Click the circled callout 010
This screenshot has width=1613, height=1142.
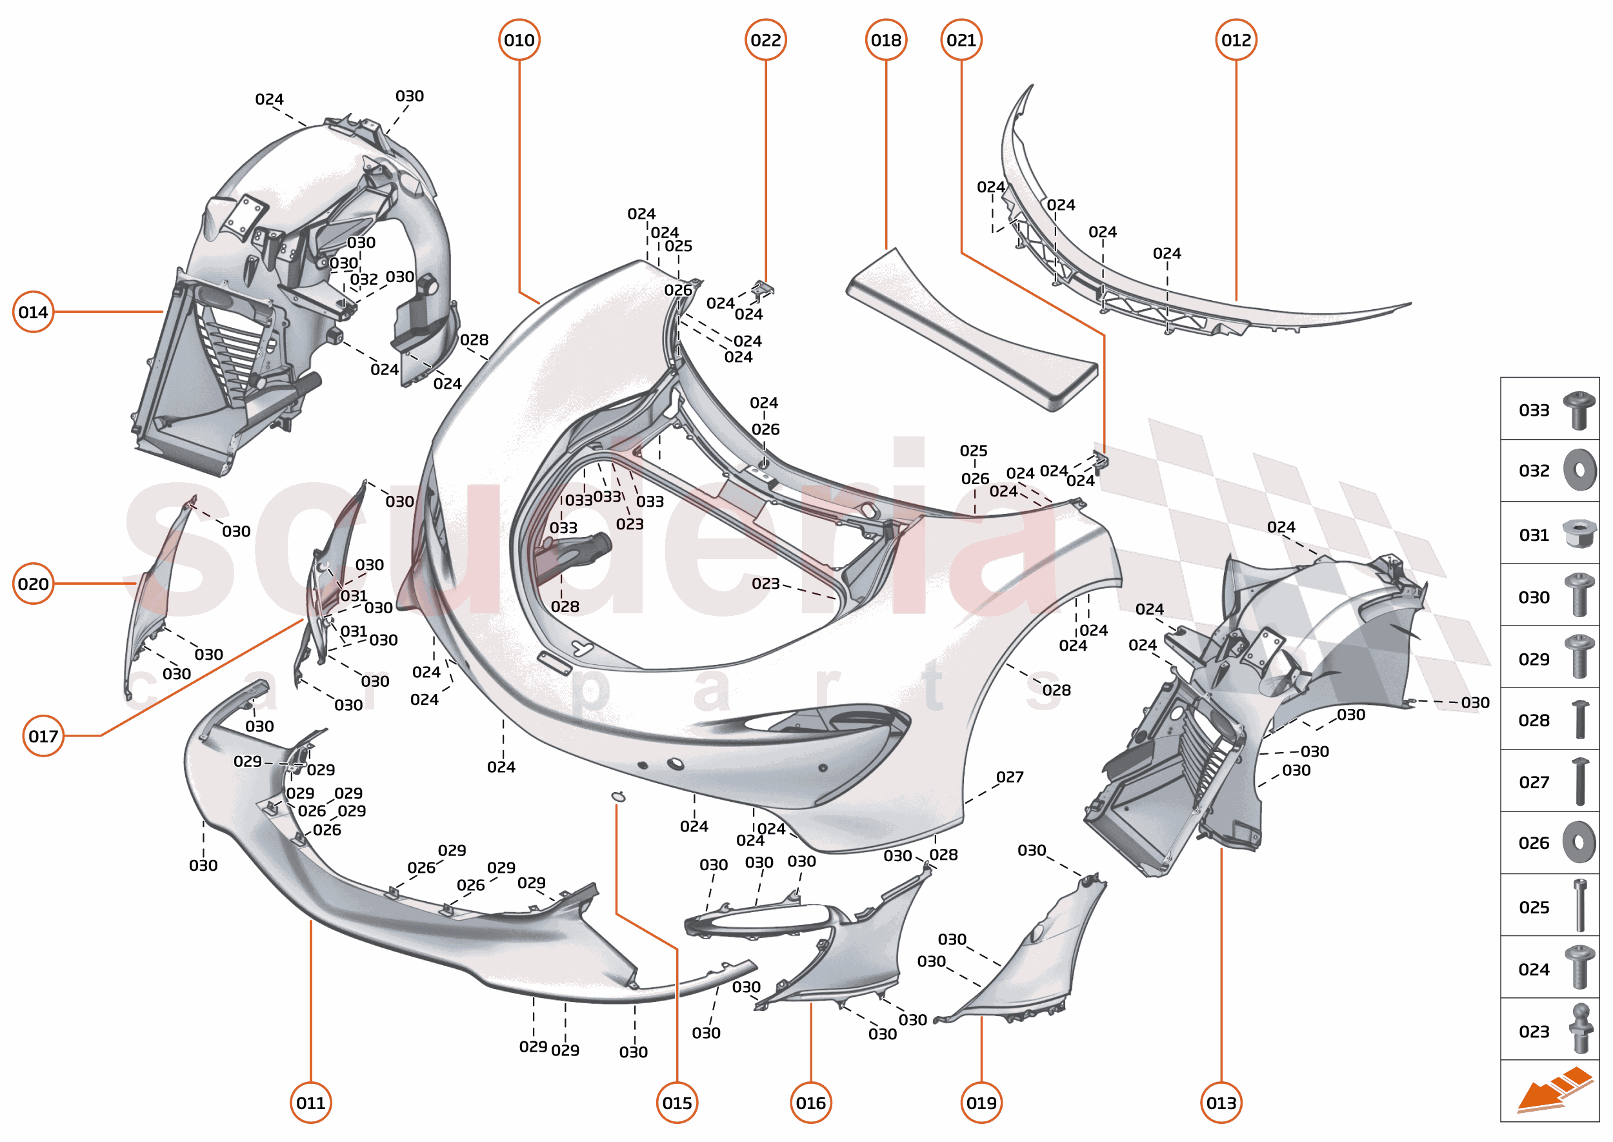coord(519,40)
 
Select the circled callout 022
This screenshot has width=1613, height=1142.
coord(765,40)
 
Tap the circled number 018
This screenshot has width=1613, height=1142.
coord(886,40)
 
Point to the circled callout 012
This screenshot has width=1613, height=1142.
coord(1236,40)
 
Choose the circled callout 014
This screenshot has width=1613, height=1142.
coord(33,312)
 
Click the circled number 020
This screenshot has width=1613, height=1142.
coord(33,583)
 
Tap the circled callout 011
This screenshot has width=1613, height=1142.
coord(310,1102)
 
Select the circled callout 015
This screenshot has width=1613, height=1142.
coord(677,1102)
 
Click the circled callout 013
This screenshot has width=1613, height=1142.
coord(1221,1102)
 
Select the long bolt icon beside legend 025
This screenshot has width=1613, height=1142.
coord(1580,905)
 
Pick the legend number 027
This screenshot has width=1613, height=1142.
coord(1534,782)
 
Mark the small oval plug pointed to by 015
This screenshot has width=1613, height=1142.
coord(618,796)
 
